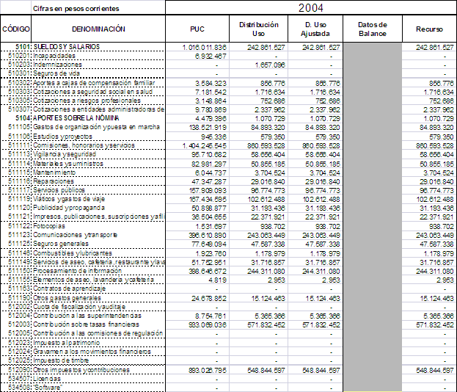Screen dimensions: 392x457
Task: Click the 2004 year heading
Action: click(x=311, y=7)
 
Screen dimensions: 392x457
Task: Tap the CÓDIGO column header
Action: click(x=15, y=29)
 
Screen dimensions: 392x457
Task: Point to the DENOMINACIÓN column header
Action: click(x=98, y=29)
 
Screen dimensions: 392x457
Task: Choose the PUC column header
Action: click(x=197, y=29)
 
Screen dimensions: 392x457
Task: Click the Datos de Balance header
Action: click(x=372, y=29)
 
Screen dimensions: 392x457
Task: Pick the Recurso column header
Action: click(x=429, y=29)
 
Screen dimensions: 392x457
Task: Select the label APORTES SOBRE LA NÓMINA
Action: click(x=77, y=118)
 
